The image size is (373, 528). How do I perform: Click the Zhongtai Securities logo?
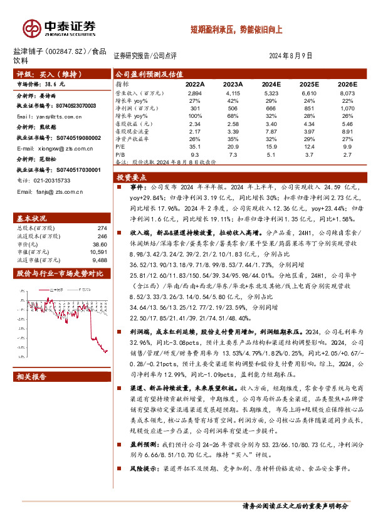pyautogui.click(x=60, y=28)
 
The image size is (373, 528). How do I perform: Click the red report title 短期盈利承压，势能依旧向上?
pyautogui.click(x=237, y=29)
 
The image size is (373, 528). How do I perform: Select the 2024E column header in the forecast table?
pyautogui.click(x=271, y=84)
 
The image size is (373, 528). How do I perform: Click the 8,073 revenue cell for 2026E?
pyautogui.click(x=347, y=93)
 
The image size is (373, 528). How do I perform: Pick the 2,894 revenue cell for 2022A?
pyautogui.click(x=194, y=93)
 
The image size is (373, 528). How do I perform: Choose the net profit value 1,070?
pyautogui.click(x=347, y=107)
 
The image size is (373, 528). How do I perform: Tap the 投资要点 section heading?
pyautogui.click(x=133, y=177)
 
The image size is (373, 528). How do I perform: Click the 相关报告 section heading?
pyautogui.click(x=31, y=378)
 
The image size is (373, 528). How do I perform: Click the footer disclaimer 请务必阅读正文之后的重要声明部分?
pyautogui.click(x=296, y=505)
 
